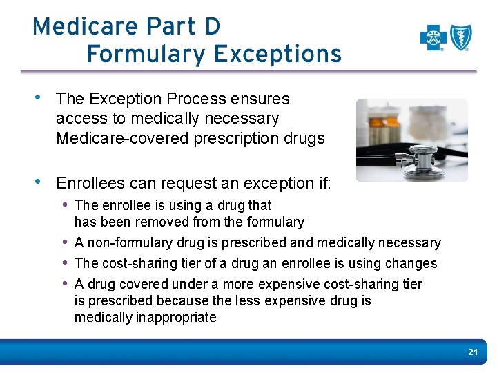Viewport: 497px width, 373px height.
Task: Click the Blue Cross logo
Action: tap(433, 38)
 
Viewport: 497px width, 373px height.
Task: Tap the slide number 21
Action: tap(473, 352)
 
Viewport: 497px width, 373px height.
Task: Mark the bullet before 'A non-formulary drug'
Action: tap(66, 242)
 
